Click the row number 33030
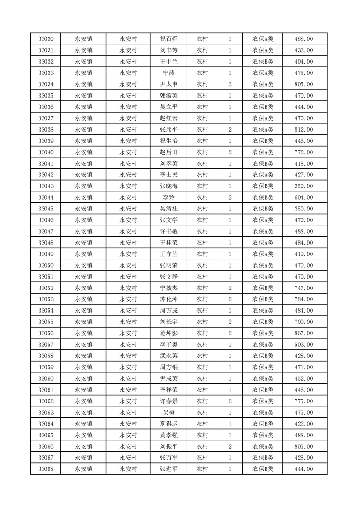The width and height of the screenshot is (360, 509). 46,39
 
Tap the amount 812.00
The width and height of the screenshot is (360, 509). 304,129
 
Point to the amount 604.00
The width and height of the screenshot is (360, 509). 304,197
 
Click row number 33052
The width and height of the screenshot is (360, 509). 46,288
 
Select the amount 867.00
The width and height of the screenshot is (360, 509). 304,333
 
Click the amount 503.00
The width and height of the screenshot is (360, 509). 304,344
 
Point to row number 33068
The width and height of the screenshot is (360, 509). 46,469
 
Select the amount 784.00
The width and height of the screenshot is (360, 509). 304,299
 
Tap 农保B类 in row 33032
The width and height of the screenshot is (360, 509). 263,62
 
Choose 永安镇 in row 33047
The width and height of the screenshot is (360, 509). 84,231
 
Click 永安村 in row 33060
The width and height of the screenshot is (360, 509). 128,378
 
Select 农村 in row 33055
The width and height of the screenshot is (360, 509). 202,322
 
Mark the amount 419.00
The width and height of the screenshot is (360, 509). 304,254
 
